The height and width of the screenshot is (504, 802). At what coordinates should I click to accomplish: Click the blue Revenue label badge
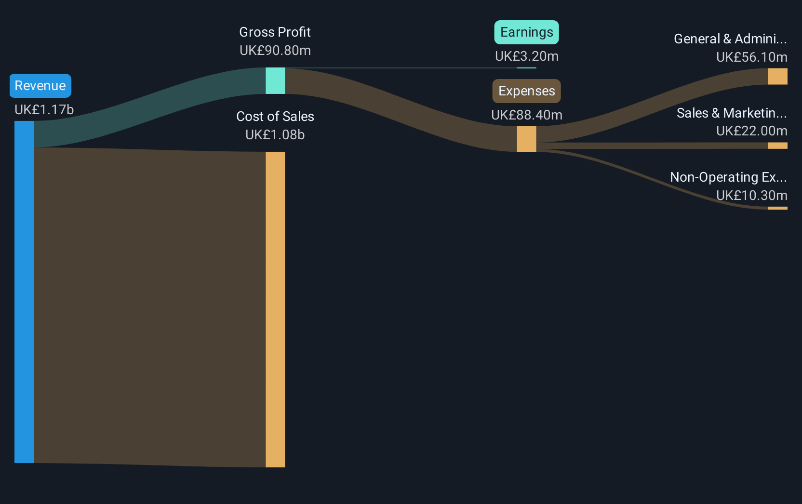click(x=40, y=86)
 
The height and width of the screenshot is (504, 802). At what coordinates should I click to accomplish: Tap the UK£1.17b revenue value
click(x=44, y=109)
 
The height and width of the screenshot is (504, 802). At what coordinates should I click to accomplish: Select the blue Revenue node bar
click(x=24, y=292)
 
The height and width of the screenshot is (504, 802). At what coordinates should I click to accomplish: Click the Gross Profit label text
click(x=275, y=32)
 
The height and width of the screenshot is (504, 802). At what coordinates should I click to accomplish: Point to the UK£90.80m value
click(x=275, y=51)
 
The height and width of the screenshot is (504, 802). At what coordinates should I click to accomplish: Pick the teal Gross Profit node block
click(x=275, y=80)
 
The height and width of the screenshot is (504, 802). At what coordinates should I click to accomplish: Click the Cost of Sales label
click(x=275, y=116)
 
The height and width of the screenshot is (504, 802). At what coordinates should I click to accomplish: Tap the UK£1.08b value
click(x=275, y=134)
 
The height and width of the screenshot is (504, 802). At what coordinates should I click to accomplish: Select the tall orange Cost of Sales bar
click(x=275, y=309)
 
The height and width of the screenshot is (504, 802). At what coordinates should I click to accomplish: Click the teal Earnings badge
click(x=527, y=32)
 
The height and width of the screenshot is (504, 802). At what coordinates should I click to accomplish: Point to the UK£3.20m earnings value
click(x=527, y=56)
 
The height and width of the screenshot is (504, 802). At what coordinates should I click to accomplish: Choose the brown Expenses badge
click(x=527, y=91)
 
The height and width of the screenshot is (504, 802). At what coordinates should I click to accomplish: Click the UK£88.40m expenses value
click(x=527, y=115)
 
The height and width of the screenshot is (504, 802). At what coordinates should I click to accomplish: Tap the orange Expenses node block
click(x=527, y=139)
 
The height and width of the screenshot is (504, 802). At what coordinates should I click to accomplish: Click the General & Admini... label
click(x=730, y=39)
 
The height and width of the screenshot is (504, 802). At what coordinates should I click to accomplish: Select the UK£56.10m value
click(x=752, y=57)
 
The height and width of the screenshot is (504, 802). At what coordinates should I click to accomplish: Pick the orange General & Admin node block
click(x=777, y=76)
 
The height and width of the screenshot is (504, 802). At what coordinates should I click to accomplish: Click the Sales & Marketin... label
click(x=732, y=113)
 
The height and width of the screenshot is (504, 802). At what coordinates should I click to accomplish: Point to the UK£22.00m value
click(x=752, y=131)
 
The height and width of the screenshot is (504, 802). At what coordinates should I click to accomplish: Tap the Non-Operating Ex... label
click(x=728, y=177)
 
